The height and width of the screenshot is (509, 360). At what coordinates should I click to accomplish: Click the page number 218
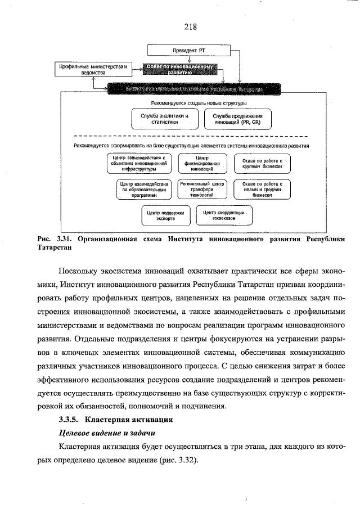189,25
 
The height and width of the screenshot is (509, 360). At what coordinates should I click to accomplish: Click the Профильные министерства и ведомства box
94,70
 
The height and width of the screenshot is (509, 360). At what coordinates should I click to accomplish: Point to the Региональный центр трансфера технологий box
202,190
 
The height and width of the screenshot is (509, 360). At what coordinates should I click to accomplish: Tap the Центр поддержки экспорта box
165,215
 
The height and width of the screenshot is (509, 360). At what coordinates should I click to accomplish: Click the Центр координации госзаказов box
223,215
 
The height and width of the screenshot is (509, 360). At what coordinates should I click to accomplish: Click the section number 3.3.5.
70,419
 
